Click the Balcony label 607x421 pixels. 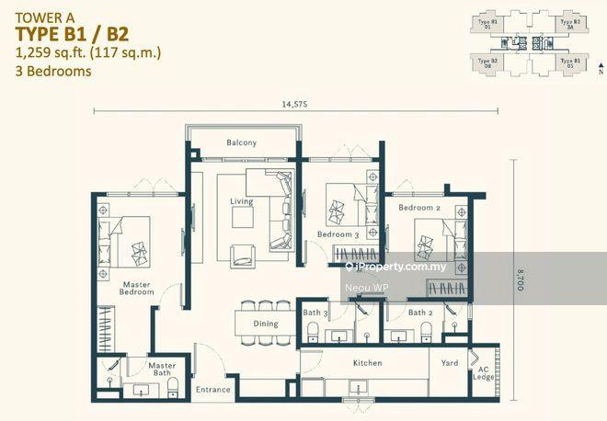pos(242,142)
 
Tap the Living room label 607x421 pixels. pos(241,201)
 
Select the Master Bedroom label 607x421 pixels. pos(136,290)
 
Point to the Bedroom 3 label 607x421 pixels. pos(338,234)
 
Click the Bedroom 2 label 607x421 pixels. pos(419,208)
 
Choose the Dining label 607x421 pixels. pos(265,324)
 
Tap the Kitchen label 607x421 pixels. pos(367,363)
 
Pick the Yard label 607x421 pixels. pos(450,363)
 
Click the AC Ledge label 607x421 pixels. pos(483,370)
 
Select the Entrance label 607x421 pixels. pos(212,390)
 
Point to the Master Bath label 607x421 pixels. pos(162,370)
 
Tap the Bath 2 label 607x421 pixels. pos(420,313)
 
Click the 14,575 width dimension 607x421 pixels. pos(295,104)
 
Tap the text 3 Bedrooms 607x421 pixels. pos(53,71)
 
